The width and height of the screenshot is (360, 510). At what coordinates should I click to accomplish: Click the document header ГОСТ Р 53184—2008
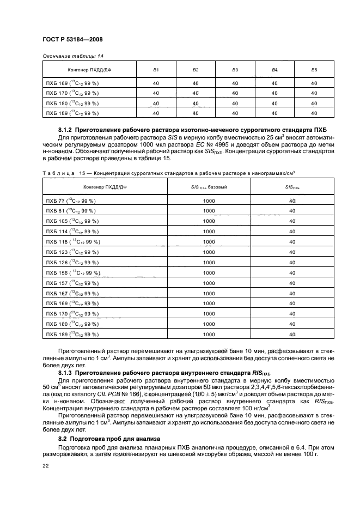click(x=72, y=40)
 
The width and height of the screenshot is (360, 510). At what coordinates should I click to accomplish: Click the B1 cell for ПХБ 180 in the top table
click(x=156, y=103)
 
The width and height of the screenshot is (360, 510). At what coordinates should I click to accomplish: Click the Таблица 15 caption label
click(x=63, y=173)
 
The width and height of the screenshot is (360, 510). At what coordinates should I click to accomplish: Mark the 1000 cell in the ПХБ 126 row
click(x=209, y=263)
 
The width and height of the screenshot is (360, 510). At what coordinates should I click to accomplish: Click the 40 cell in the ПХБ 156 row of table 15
click(x=292, y=272)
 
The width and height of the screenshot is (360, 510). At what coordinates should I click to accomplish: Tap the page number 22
click(x=45, y=465)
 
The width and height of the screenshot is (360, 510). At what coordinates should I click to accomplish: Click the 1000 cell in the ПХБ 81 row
click(x=209, y=211)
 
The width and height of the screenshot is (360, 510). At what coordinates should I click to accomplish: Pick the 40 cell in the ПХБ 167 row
click(x=292, y=293)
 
